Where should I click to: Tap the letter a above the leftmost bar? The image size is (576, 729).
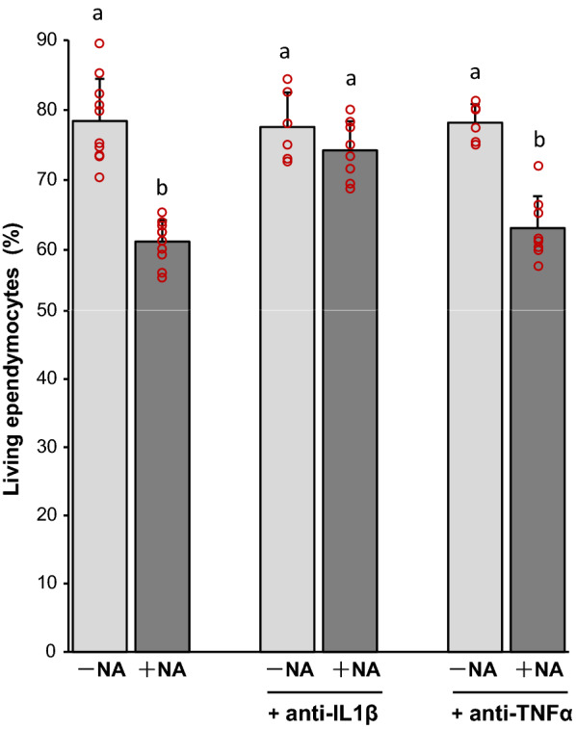(x=100, y=14)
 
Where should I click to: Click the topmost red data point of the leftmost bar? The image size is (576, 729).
(x=99, y=43)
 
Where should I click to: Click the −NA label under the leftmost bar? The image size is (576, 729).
(x=99, y=671)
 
